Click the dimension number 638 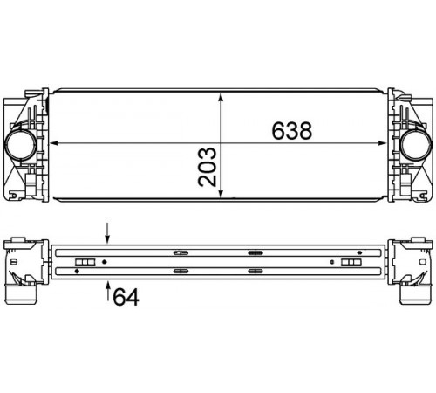coord(292,130)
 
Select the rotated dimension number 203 coord(208,167)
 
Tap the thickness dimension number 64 coord(126,296)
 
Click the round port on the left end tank coord(21,145)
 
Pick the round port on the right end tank coord(415,145)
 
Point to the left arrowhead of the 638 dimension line coord(54,143)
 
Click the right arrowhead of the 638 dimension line coord(382,143)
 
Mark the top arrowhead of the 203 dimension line coord(221,98)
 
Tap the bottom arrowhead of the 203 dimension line coord(221,193)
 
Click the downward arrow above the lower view coord(107,232)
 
